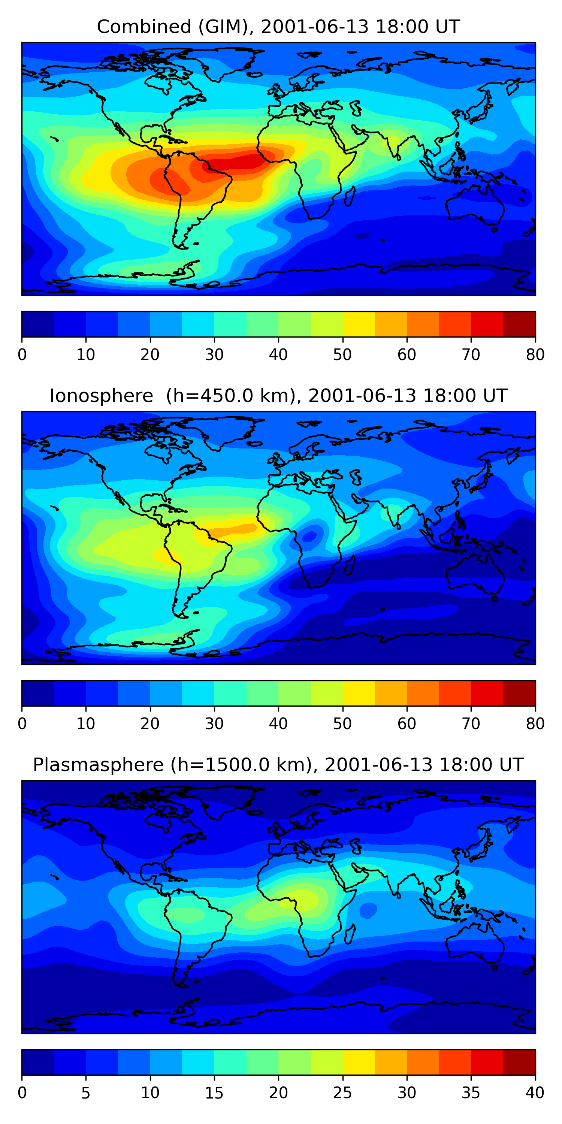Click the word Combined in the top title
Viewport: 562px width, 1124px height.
coord(144,27)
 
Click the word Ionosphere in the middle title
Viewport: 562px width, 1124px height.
coord(101,396)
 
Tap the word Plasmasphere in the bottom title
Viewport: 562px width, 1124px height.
coord(98,765)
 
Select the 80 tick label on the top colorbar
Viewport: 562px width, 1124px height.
coord(535,355)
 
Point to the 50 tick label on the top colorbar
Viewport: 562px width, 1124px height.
coord(342,355)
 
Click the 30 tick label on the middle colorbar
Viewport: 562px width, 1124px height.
coord(214,724)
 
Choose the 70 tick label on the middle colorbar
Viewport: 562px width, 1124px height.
coord(471,724)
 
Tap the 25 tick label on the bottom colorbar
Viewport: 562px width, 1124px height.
coord(342,1093)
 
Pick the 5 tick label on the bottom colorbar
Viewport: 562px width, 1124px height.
coord(86,1093)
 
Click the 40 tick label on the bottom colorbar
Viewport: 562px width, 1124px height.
coord(535,1093)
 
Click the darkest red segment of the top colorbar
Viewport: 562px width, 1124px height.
coord(519,324)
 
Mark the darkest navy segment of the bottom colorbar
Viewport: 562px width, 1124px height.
coord(37,1063)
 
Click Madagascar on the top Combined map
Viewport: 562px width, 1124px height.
coord(350,196)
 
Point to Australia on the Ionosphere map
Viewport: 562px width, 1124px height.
coord(475,576)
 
